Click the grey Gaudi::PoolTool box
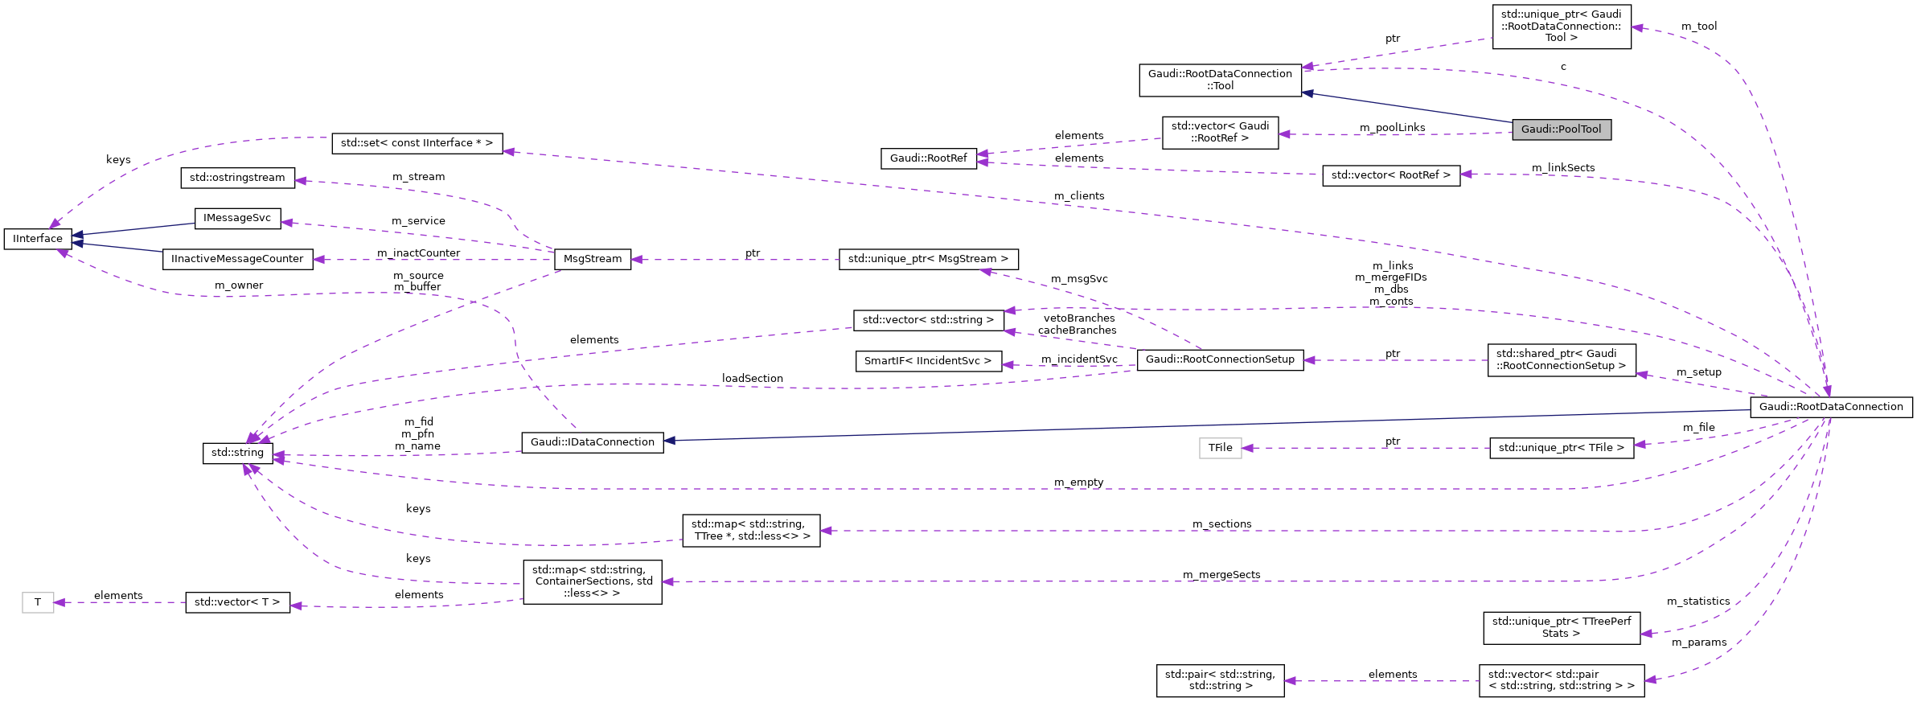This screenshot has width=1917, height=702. (x=1561, y=129)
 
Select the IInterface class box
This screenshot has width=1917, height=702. (x=38, y=239)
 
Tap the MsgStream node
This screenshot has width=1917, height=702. (x=593, y=259)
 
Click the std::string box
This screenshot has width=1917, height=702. (x=237, y=453)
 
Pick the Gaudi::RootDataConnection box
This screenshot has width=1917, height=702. (x=1831, y=407)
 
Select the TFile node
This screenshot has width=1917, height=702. (x=1220, y=448)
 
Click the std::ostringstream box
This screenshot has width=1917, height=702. (x=237, y=178)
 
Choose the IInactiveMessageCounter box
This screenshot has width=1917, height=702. (x=237, y=259)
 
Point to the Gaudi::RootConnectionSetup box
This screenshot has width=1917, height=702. (x=1220, y=359)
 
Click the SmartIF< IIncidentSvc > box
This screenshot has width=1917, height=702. (x=928, y=361)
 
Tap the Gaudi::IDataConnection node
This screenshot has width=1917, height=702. (x=593, y=442)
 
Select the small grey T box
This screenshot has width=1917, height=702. (x=38, y=602)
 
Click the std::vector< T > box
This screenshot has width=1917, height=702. (x=237, y=602)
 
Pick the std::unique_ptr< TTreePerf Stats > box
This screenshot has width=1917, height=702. (x=1561, y=627)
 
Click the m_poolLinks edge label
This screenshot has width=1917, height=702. (x=1392, y=128)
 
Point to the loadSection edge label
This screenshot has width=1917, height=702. (x=752, y=379)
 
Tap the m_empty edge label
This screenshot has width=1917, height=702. (x=1078, y=482)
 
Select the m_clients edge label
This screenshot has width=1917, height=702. (x=1079, y=196)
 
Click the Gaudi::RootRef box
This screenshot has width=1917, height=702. (x=928, y=158)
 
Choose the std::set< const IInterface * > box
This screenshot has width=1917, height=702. (x=417, y=143)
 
